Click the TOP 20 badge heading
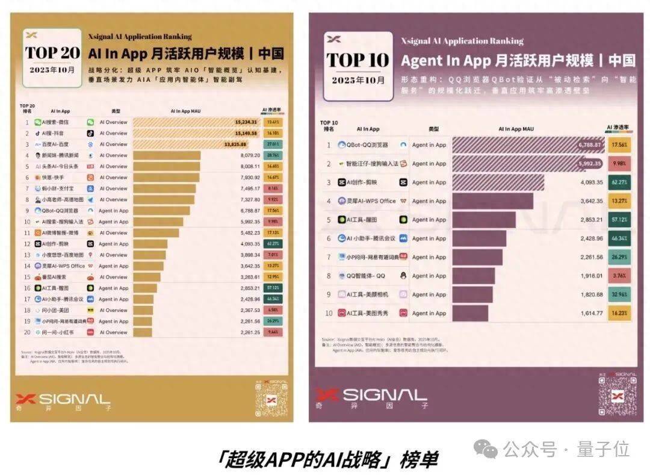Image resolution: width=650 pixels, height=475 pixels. tap(52, 52)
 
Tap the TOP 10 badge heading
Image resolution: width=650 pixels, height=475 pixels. tap(357, 60)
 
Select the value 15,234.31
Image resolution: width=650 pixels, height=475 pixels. tap(246, 122)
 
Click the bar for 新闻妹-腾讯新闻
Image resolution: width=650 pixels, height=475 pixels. tap(167, 155)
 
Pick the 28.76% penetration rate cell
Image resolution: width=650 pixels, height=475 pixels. tap(273, 155)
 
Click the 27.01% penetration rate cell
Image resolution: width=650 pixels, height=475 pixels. tap(273, 144)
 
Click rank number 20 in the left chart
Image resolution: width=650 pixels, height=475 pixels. tap(26, 332)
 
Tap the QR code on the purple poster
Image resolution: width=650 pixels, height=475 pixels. tap(616, 394)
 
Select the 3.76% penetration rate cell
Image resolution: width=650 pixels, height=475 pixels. tap(619, 276)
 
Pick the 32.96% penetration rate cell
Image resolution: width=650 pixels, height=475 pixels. tap(619, 294)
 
